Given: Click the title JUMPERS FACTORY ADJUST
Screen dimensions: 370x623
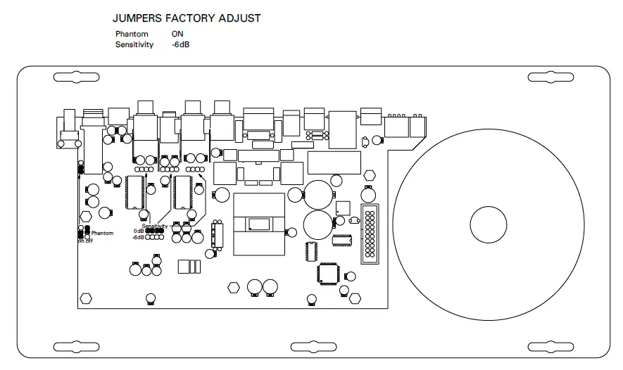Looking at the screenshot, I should click(187, 18).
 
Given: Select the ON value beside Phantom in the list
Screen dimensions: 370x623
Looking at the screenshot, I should click(177, 34).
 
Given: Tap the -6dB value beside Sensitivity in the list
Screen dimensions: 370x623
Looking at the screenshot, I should click(180, 44).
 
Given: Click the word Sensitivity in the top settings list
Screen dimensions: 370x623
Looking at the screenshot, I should click(134, 44).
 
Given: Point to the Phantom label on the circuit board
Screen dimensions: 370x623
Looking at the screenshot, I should click(102, 233).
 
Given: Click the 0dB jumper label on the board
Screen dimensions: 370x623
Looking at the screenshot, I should click(138, 231).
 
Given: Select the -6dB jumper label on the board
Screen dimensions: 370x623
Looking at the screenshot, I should click(138, 237).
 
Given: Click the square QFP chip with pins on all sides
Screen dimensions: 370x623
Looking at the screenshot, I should click(329, 273).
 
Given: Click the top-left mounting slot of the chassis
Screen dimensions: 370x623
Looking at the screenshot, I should click(71, 75).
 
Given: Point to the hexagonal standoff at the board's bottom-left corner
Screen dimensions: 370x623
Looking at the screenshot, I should click(86, 298).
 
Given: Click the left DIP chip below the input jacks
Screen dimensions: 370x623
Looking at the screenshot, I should click(134, 192).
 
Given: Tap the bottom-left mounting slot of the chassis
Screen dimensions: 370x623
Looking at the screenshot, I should click(71, 347).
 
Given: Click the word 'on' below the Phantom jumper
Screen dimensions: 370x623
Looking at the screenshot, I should click(81, 241).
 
